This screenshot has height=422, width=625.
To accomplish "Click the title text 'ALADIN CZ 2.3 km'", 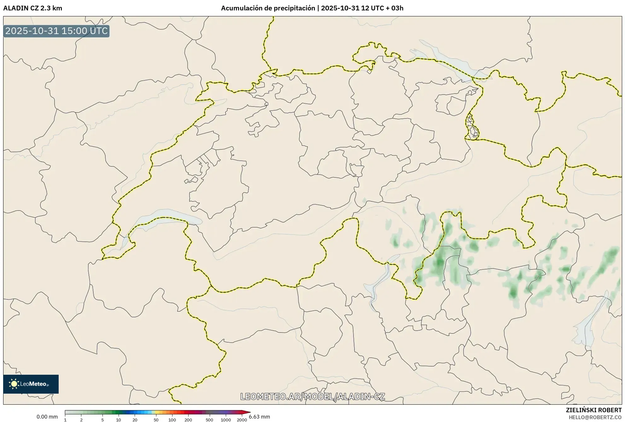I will pos(32,8).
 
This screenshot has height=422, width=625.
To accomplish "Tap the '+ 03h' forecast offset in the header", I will pos(394,8).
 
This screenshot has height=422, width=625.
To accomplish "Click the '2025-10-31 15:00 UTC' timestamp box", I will pos(56,31).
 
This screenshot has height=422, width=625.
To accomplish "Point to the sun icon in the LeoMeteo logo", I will pos(14,384).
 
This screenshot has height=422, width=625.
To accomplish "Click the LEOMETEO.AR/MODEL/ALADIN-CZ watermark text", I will pos(312,396).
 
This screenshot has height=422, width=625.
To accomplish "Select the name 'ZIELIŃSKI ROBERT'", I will pos(594,410).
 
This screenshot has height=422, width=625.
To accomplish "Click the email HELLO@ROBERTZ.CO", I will pos(595,417).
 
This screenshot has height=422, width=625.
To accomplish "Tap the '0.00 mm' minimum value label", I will pos(47,417).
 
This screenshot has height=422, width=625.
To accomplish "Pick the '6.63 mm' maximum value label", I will pos(260,417).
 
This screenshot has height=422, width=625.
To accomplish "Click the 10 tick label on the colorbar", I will pos(119,420).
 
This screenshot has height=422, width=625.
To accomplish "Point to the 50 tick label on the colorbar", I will pos(156,420).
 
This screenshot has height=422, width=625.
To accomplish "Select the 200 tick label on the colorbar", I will pos(188,420).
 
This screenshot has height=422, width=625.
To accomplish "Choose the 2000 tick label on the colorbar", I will pos(242,420).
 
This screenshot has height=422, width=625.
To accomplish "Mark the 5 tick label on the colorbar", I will pos(102,420).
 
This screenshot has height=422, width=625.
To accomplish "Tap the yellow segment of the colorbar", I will pos(154,412).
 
